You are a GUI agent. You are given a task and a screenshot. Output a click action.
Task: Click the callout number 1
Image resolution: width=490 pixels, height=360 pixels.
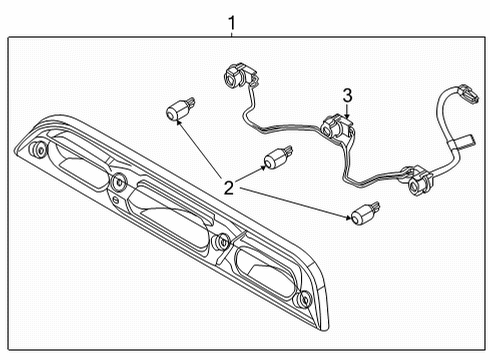tap(232, 23)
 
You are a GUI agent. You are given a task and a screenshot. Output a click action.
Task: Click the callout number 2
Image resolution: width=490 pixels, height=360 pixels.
tap(229, 188)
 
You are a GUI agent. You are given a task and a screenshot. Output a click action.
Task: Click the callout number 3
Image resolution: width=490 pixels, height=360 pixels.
tap(347, 96)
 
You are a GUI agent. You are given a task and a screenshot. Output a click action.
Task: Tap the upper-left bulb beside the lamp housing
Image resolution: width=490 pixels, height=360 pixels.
tap(180, 108)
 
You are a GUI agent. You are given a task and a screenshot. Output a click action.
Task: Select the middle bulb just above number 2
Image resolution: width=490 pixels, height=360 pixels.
tap(278, 157)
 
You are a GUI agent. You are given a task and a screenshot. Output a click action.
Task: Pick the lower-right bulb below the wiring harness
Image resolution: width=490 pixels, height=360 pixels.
tap(365, 213)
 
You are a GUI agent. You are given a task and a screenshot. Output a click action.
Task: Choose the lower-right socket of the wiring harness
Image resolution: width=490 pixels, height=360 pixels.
tap(420, 182)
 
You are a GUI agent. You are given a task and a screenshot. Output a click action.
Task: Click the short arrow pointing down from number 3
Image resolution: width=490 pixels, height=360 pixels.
tap(347, 111)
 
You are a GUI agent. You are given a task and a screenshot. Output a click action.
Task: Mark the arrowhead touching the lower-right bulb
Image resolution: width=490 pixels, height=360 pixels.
tap(349, 218)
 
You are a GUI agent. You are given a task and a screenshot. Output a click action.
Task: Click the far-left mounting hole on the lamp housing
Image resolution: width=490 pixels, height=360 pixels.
tap(38, 149)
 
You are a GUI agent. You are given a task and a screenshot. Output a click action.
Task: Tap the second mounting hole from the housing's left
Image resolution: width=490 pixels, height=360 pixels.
tap(118, 182)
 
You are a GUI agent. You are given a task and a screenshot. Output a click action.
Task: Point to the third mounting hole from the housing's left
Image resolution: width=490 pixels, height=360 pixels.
tap(222, 241)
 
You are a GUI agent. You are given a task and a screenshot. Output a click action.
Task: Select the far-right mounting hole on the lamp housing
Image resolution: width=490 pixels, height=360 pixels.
tap(303, 299)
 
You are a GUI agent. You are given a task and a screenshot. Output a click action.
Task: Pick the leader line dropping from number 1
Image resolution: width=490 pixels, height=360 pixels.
tap(232, 34)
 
